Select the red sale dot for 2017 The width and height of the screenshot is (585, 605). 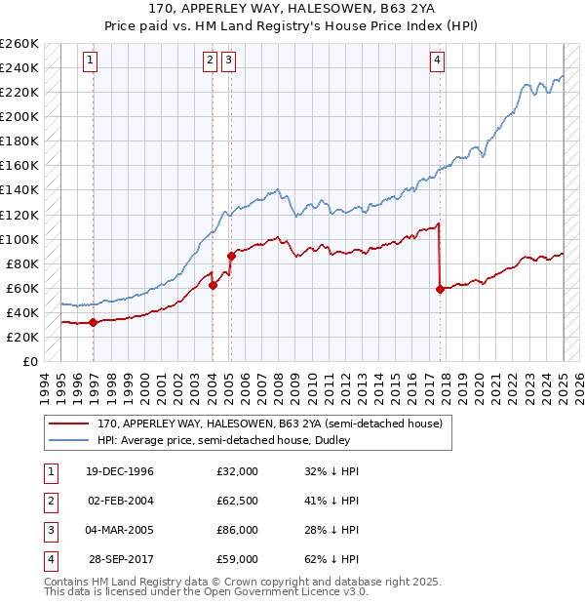click(x=441, y=289)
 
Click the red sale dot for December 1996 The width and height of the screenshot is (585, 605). click(x=93, y=322)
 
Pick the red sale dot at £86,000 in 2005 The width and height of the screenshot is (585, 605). click(x=231, y=256)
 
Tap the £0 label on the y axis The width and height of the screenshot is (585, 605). click(x=29, y=361)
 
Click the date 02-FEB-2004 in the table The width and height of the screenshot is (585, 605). click(x=121, y=501)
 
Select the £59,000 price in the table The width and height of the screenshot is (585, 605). click(x=238, y=559)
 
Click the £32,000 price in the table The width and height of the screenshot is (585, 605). click(x=238, y=471)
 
